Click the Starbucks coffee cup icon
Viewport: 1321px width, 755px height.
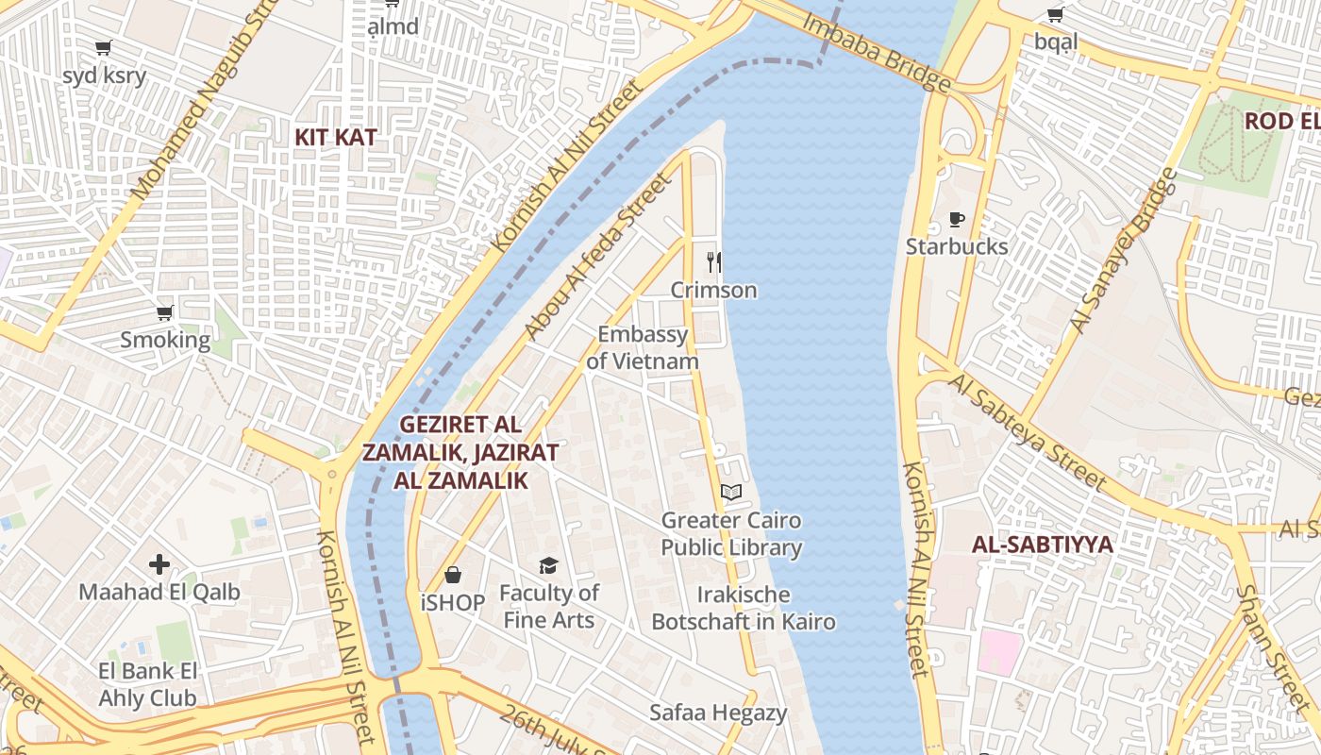pyautogui.click(x=956, y=220)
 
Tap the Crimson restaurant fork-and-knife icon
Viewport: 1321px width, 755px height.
pyautogui.click(x=714, y=261)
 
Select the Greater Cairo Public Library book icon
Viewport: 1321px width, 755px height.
pyautogui.click(x=731, y=492)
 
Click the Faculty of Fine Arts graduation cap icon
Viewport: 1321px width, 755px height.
pyautogui.click(x=548, y=565)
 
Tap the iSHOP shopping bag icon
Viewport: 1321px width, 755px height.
pyautogui.click(x=453, y=575)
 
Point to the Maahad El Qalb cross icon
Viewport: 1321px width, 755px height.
pyautogui.click(x=159, y=564)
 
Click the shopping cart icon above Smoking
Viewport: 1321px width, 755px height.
pyautogui.click(x=165, y=312)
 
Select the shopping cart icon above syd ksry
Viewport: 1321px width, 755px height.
pyautogui.click(x=104, y=47)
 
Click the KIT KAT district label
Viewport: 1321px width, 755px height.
pyautogui.click(x=335, y=137)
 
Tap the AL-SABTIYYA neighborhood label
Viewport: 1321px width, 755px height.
pyautogui.click(x=1043, y=545)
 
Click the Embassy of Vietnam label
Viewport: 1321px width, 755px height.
pyautogui.click(x=643, y=347)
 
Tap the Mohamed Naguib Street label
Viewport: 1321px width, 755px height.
pyautogui.click(x=198, y=104)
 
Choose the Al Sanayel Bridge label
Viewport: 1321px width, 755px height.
pyautogui.click(x=1125, y=250)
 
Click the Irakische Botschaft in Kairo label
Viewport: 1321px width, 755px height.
pyautogui.click(x=743, y=608)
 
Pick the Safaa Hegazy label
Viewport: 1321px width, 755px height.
pyautogui.click(x=718, y=713)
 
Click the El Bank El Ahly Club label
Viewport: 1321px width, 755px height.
pyautogui.click(x=148, y=684)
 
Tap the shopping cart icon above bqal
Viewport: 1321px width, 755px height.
pyautogui.click(x=1055, y=14)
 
